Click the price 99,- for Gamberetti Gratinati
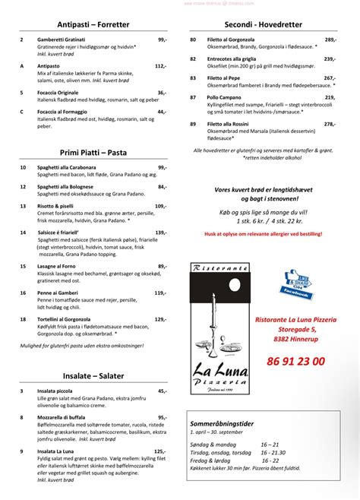[x=163, y=39]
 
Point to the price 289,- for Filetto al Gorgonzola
[x=330, y=39]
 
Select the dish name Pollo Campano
[x=229, y=97]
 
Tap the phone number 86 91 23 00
[x=296, y=362]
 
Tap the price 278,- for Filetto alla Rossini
[x=329, y=124]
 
